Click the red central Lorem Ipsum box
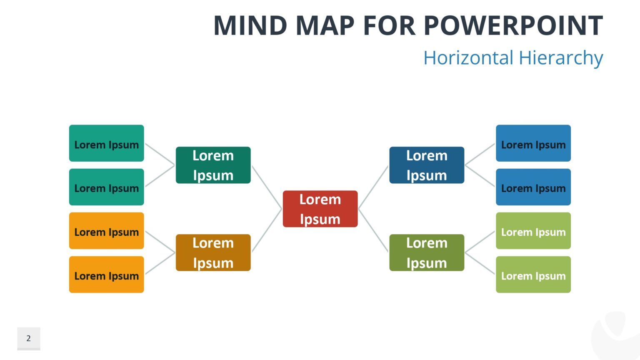(x=320, y=209)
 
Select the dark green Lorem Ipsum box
(x=213, y=165)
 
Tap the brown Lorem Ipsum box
(x=213, y=252)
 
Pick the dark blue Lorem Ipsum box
(x=427, y=165)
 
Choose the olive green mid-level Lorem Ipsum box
(x=427, y=252)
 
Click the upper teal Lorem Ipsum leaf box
(x=106, y=143)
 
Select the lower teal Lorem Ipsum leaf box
(x=106, y=187)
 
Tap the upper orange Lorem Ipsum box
(x=106, y=231)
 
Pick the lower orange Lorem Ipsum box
(x=106, y=275)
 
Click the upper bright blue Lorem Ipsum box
(x=533, y=143)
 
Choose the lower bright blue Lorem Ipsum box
(x=533, y=187)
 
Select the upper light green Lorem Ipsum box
(x=533, y=231)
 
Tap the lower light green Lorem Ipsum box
(x=533, y=275)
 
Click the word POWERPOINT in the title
(x=513, y=26)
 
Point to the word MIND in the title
(x=250, y=26)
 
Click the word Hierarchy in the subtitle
(x=561, y=57)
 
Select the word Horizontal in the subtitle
(x=468, y=57)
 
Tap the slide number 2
(x=28, y=338)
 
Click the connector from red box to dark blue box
(x=373, y=187)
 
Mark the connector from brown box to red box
(x=267, y=230)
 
